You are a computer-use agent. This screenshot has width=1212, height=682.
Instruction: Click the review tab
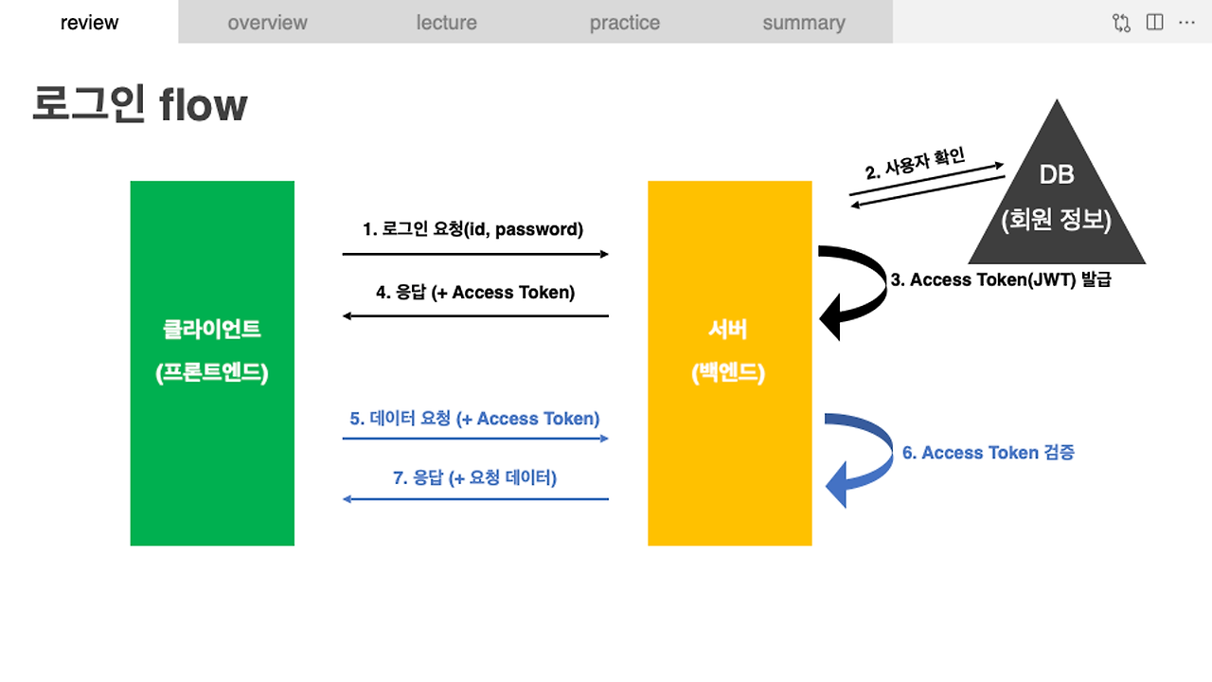[x=89, y=23]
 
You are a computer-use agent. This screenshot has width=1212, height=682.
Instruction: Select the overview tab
[x=267, y=23]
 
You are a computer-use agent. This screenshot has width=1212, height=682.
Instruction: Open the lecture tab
[x=446, y=23]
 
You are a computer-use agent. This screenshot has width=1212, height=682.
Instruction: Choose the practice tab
[x=624, y=23]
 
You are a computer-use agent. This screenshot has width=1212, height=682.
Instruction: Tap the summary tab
[x=803, y=23]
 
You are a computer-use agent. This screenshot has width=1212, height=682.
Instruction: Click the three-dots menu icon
[x=1186, y=23]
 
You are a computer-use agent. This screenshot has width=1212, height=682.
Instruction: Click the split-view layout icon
[x=1154, y=23]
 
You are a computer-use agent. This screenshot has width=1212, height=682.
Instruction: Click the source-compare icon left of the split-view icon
[x=1122, y=23]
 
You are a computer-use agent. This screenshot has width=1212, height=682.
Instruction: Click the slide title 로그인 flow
[x=140, y=104]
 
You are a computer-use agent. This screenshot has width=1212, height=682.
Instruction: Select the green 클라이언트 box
[x=212, y=363]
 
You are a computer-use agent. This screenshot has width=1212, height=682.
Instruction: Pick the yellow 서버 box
[x=729, y=363]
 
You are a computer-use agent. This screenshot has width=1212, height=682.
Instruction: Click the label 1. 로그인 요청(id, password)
[x=473, y=229]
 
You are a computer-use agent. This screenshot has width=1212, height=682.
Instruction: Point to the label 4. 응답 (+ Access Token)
[x=474, y=293]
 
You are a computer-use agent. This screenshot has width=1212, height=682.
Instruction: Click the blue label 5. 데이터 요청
[x=474, y=419]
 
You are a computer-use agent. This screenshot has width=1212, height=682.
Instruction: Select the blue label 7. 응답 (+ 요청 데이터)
[x=474, y=478]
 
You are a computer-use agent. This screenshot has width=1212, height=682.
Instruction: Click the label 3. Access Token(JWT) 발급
[x=1001, y=280]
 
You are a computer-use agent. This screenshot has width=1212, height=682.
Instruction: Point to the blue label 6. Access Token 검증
[x=988, y=453]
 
